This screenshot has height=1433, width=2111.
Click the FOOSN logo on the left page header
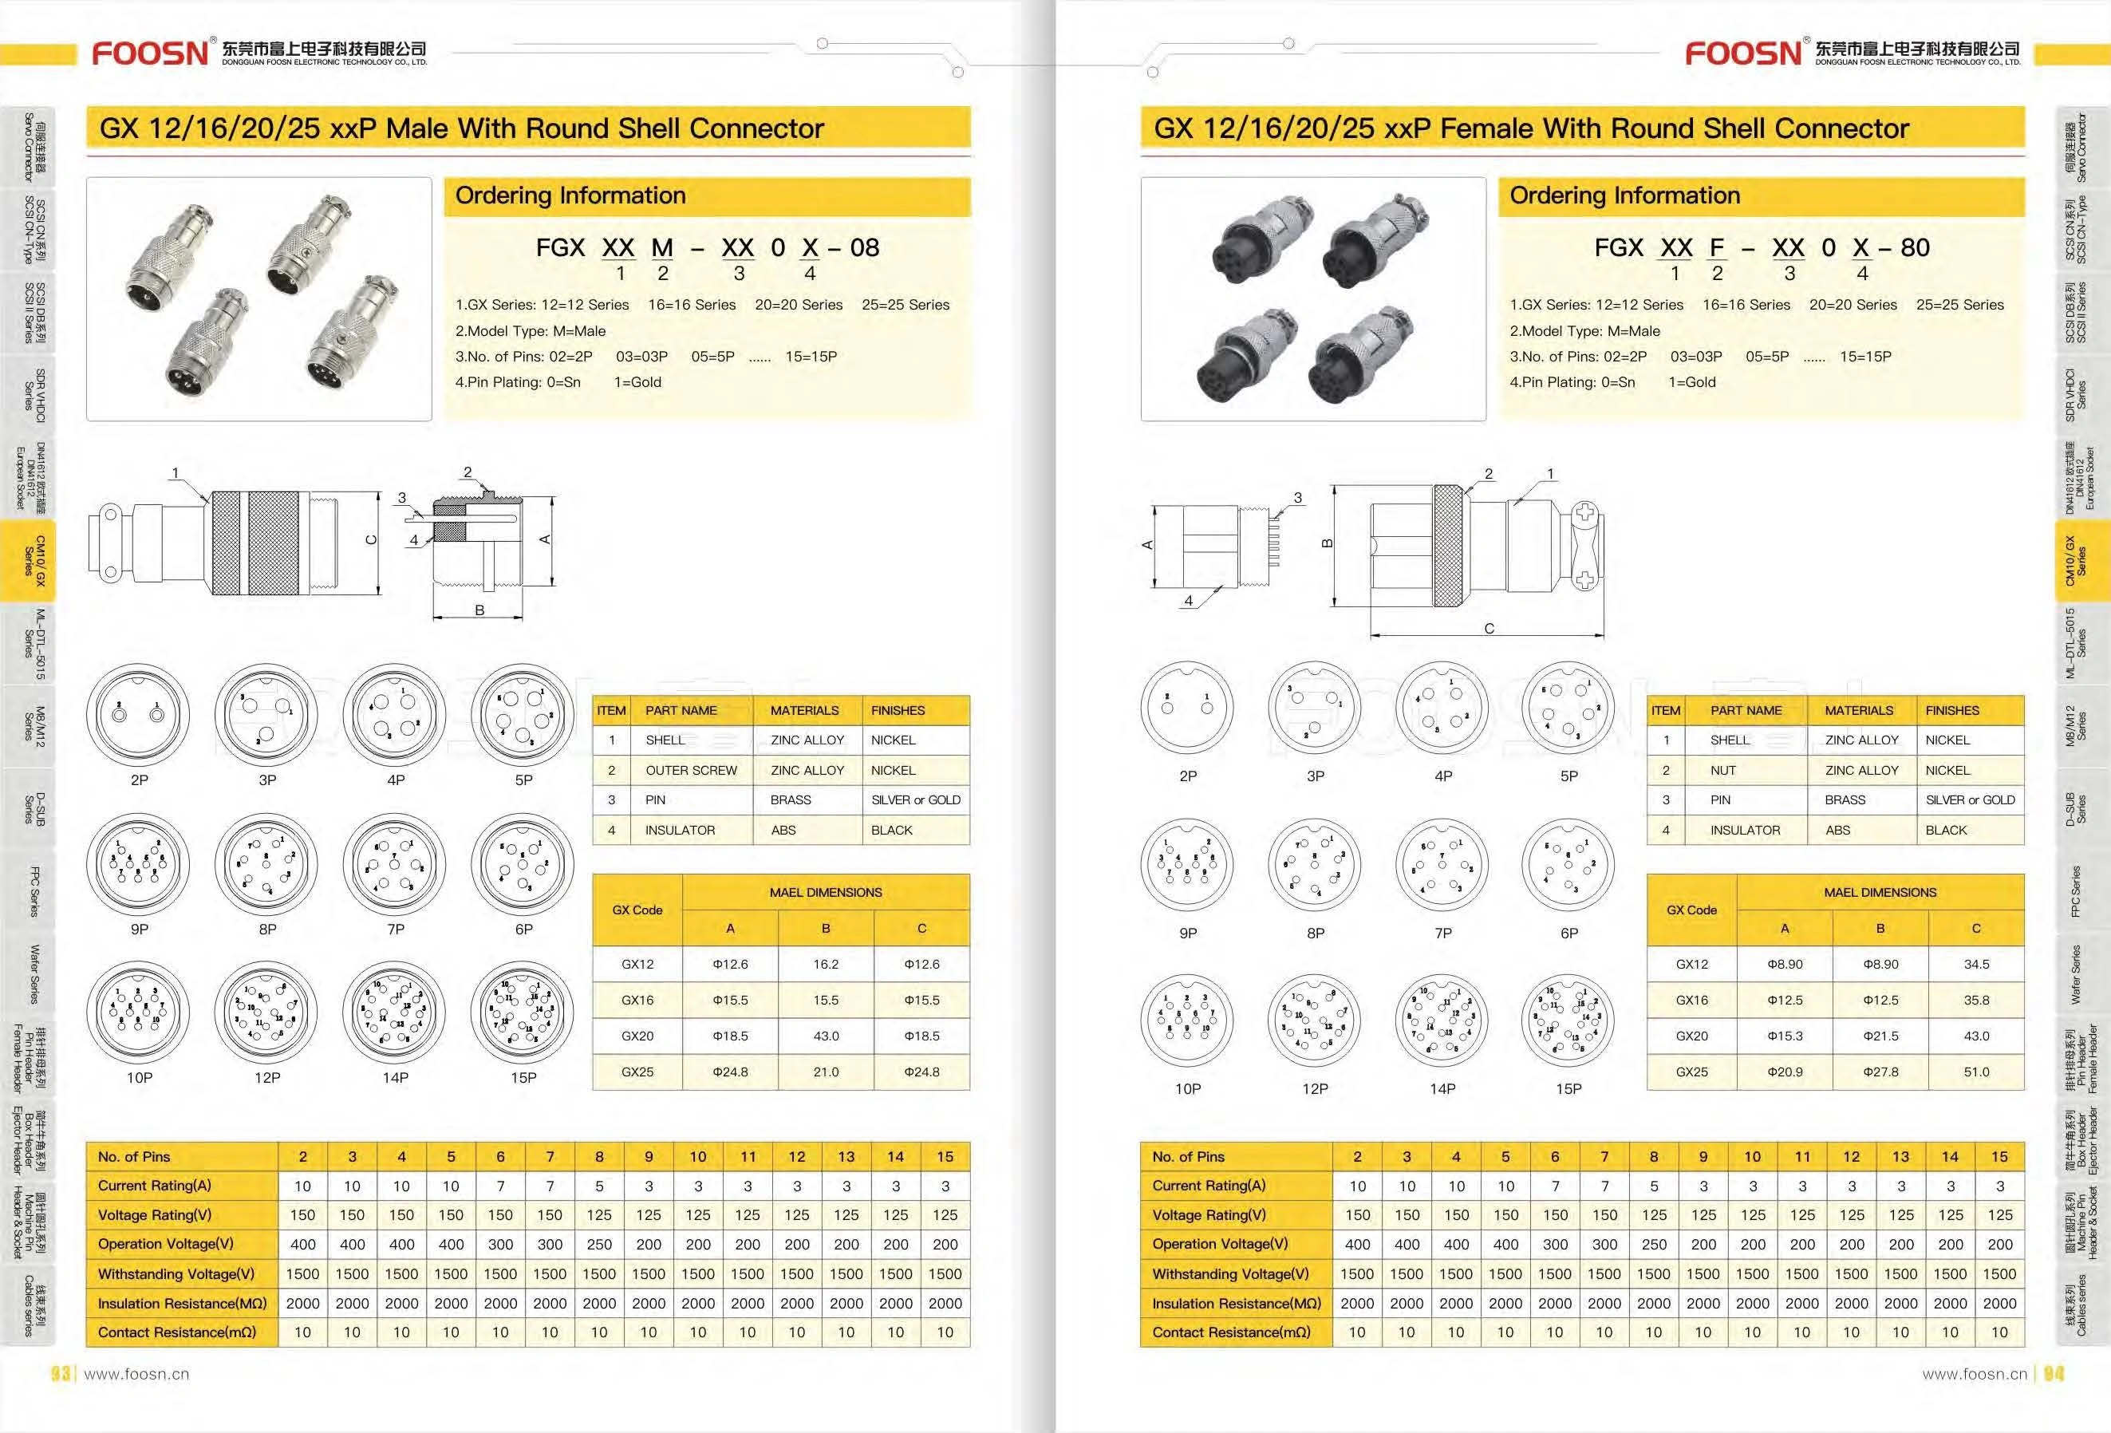[150, 53]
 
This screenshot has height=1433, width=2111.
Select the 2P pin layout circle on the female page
[1187, 707]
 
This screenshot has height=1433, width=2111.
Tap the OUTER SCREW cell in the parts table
[690, 770]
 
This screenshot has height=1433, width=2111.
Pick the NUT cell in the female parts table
[1722, 770]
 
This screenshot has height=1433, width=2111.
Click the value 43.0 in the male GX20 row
[826, 1036]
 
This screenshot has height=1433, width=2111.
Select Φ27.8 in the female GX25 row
[1880, 1072]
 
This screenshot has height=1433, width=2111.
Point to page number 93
[61, 1374]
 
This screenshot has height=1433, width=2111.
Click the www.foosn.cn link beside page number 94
[1974, 1374]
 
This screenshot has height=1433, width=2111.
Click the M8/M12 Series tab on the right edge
[2076, 726]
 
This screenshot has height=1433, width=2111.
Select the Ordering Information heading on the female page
[1624, 195]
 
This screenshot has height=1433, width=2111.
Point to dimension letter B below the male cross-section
[479, 610]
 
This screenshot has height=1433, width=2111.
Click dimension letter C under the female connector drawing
[1489, 628]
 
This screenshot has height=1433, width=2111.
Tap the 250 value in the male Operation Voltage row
[598, 1244]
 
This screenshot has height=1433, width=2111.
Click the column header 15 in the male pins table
[945, 1157]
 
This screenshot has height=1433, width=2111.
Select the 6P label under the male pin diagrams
[523, 929]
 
